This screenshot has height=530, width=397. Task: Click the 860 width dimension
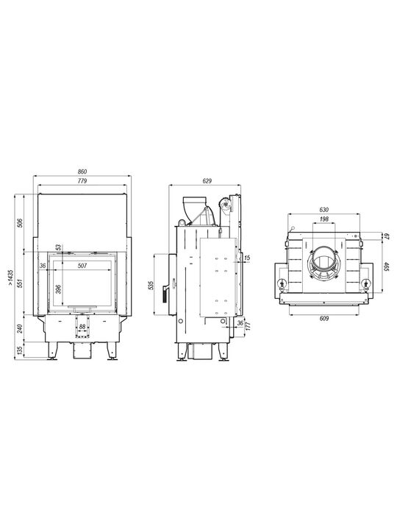point(82,172)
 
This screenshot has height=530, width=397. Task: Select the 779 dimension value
point(82,181)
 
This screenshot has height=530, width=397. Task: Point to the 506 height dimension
point(20,223)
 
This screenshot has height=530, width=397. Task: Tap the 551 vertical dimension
point(20,283)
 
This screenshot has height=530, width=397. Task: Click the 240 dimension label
point(20,328)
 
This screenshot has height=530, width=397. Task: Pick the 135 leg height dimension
point(20,350)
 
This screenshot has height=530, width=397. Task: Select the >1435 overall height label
point(10,277)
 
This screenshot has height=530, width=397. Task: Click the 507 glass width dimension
point(82,266)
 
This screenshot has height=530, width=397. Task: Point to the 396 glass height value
point(58,289)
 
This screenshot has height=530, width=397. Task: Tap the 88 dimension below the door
point(82,327)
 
